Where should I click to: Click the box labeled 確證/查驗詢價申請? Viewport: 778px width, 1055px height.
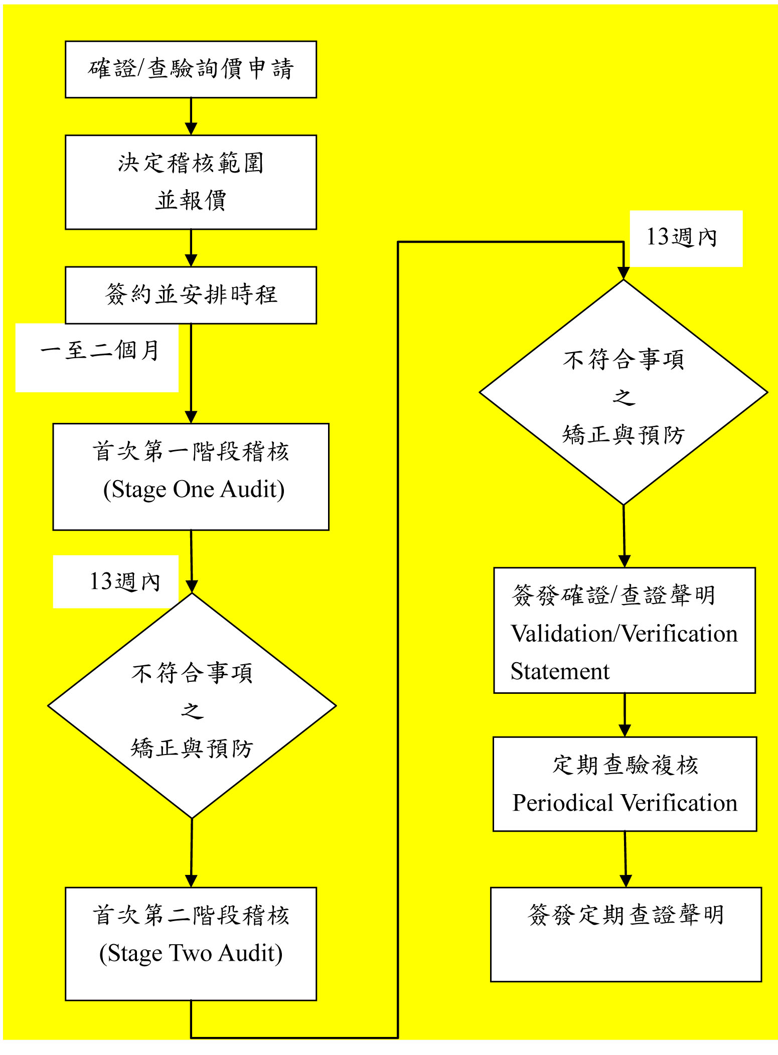pos(191,69)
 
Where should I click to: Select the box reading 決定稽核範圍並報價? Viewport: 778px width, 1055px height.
pos(191,182)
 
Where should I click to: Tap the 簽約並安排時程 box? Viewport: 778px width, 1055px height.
pos(191,294)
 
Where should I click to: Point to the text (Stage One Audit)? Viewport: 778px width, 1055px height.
pos(194,489)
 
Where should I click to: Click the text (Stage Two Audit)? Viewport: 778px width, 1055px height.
pos(191,953)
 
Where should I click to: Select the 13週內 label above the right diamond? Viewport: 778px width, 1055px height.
pos(682,237)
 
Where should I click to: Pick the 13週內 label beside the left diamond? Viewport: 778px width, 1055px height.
pos(124,582)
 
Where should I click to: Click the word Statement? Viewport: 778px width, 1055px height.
pos(560,671)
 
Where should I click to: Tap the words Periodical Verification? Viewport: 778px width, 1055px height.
pos(625,803)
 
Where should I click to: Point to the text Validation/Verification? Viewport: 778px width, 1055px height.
pos(624,634)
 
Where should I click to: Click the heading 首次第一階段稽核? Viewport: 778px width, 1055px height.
pos(191,451)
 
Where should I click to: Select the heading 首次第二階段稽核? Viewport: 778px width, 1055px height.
pos(191,915)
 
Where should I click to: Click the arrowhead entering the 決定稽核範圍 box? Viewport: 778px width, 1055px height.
pos(191,129)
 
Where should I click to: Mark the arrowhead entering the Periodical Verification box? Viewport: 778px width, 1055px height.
pos(625,730)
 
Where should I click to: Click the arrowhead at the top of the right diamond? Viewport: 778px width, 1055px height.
pos(624,273)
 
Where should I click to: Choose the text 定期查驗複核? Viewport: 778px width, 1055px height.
pos(625,766)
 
